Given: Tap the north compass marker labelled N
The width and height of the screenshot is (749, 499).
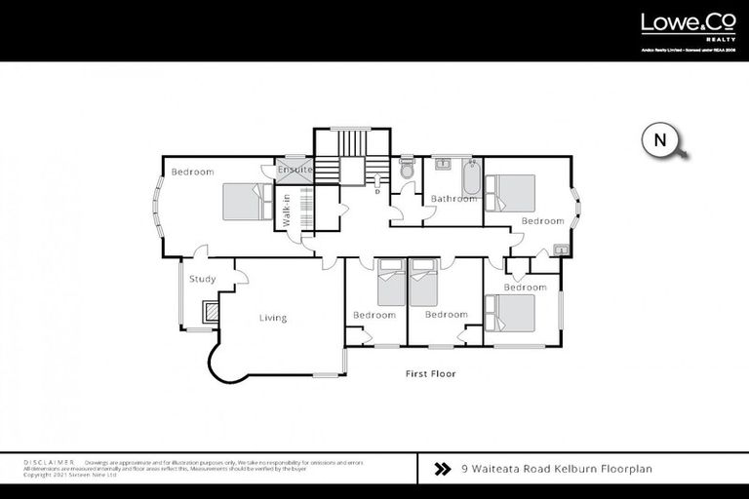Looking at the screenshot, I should click(x=661, y=140).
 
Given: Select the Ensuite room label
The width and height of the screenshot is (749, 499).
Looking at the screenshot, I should click(x=295, y=170).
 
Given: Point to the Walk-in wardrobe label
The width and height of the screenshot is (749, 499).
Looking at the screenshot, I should click(x=287, y=211).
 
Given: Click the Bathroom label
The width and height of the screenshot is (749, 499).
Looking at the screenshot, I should click(x=453, y=199).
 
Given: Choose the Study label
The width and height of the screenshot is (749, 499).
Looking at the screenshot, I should click(x=202, y=280).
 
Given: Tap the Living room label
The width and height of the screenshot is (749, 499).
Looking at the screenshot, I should click(x=273, y=318).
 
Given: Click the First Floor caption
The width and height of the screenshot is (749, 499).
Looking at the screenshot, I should click(x=430, y=373).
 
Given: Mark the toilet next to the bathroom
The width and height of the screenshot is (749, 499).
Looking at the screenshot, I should click(x=408, y=168).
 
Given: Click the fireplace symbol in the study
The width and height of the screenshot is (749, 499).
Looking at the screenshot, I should click(x=209, y=312).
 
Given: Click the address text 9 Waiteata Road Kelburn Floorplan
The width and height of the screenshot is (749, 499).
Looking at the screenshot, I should click(x=556, y=469).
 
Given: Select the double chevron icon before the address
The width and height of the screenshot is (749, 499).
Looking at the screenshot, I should click(x=442, y=469).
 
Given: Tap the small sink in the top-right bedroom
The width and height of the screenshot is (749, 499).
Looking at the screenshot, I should click(x=561, y=249).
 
